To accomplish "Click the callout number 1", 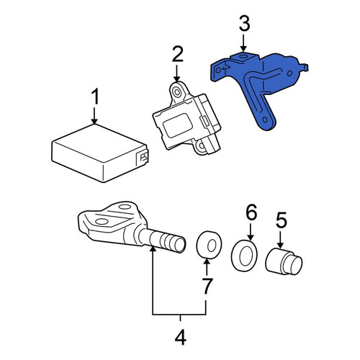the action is (96, 96).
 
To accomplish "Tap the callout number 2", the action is (177, 54).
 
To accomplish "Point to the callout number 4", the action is (180, 337).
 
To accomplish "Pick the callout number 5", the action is (282, 220).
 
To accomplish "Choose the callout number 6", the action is (251, 212).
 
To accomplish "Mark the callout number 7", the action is (207, 286).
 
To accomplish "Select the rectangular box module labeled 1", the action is (100, 153).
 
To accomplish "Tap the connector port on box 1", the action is (143, 158).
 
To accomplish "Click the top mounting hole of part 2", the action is (177, 92).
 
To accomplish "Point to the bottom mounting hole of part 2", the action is (201, 145).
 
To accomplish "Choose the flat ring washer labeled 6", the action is (244, 256).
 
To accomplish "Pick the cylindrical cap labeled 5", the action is (284, 262).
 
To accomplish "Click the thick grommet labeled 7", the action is (209, 245).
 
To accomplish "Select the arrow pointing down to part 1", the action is (94, 116).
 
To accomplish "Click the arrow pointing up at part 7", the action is (207, 267).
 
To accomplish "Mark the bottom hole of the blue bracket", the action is (265, 120).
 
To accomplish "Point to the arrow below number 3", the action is (244, 42).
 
